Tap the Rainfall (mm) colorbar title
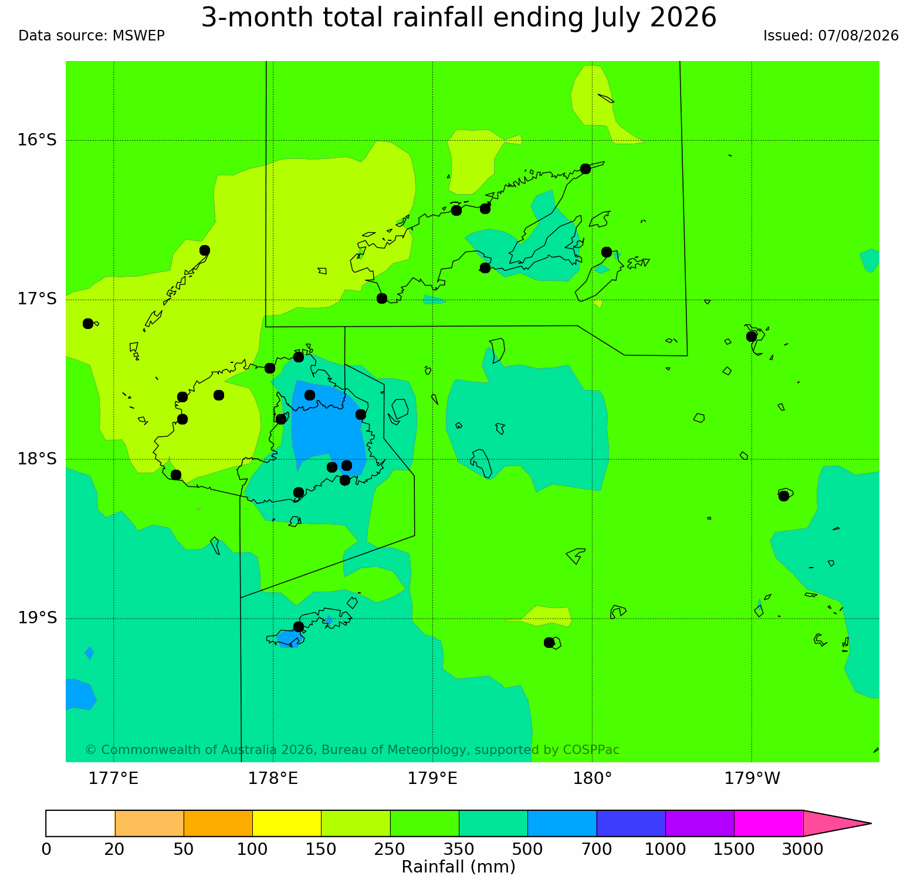(x=458, y=867)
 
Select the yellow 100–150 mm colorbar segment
(x=287, y=823)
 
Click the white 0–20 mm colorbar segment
(x=80, y=823)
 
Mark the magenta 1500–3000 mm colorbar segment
(x=769, y=823)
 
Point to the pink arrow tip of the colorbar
(x=871, y=823)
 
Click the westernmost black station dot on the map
(x=88, y=324)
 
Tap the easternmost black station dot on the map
(x=784, y=496)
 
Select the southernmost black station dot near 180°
(x=549, y=643)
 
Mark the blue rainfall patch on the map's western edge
(x=79, y=694)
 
